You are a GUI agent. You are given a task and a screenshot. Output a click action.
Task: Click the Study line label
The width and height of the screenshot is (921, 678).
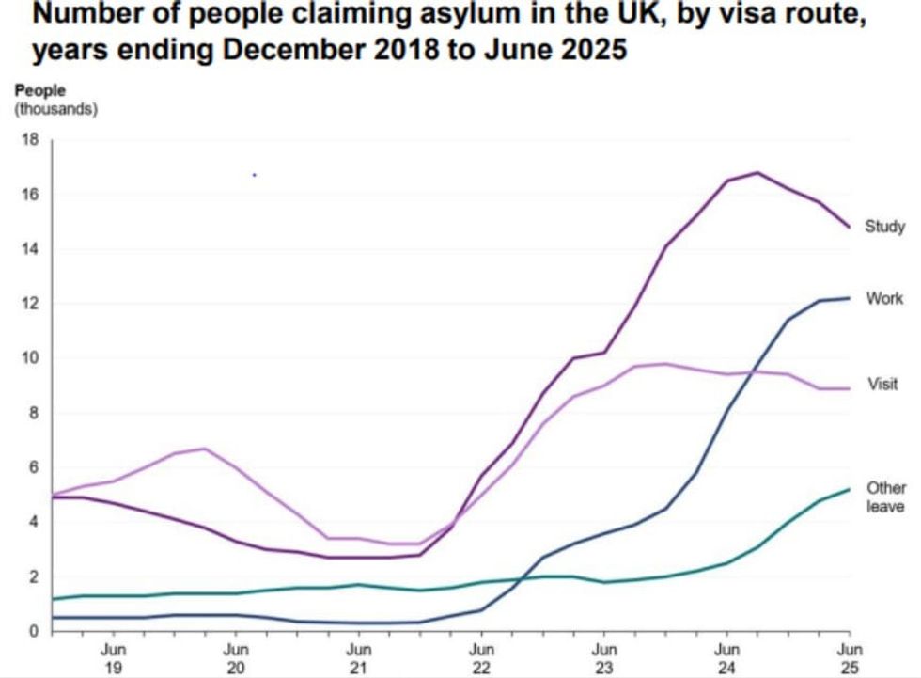[884, 227]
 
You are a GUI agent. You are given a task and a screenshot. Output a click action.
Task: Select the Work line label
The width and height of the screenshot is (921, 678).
[884, 299]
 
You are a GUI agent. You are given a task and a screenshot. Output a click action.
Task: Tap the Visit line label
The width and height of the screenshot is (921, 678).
[882, 385]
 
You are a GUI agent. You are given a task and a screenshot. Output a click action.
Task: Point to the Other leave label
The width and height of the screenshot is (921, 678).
[885, 497]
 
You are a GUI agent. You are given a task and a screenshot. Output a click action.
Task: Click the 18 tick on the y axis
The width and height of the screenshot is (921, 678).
[29, 140]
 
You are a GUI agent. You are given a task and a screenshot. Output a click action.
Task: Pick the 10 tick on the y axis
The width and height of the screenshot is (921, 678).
[29, 358]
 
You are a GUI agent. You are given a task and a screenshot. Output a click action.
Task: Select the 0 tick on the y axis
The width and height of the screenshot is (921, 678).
[33, 631]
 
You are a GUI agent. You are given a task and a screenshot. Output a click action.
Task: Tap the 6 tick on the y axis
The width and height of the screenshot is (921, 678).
[33, 467]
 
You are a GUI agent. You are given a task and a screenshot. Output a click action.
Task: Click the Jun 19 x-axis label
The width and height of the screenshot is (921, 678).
[114, 657]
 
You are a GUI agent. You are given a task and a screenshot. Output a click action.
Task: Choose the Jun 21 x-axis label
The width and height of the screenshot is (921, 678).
[358, 657]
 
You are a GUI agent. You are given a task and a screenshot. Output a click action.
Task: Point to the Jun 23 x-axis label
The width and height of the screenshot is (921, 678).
[604, 657]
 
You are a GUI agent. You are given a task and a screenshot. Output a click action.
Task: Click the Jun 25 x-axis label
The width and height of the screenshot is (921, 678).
[850, 657]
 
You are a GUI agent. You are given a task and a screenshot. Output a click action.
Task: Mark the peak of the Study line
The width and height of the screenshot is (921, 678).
[757, 173]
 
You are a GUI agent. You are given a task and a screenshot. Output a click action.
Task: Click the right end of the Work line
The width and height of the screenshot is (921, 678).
[850, 298]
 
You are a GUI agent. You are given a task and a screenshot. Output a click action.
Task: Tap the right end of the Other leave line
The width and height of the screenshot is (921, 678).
[850, 489]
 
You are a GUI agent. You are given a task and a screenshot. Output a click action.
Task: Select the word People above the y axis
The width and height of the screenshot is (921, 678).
[40, 91]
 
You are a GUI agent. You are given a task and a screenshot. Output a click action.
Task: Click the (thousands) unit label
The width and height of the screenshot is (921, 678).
[56, 109]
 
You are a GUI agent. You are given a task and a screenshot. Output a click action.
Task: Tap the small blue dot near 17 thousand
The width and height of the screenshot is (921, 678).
[254, 175]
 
